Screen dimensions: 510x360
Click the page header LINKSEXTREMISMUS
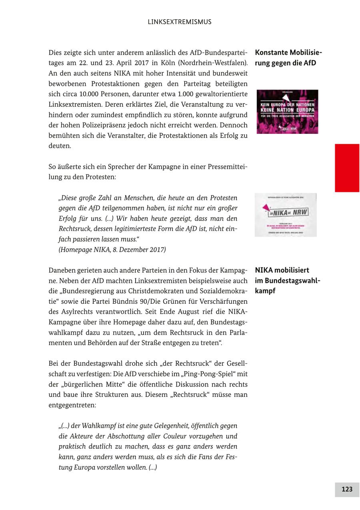180,22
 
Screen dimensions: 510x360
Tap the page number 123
347,489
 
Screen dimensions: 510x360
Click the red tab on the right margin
347,168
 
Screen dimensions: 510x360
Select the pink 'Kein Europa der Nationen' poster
287,112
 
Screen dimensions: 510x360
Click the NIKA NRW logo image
286,215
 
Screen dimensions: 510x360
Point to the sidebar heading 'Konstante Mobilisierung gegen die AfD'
288,58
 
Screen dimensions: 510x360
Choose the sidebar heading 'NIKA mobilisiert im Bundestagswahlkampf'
287,281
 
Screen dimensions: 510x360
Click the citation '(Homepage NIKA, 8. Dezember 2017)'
112,250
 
